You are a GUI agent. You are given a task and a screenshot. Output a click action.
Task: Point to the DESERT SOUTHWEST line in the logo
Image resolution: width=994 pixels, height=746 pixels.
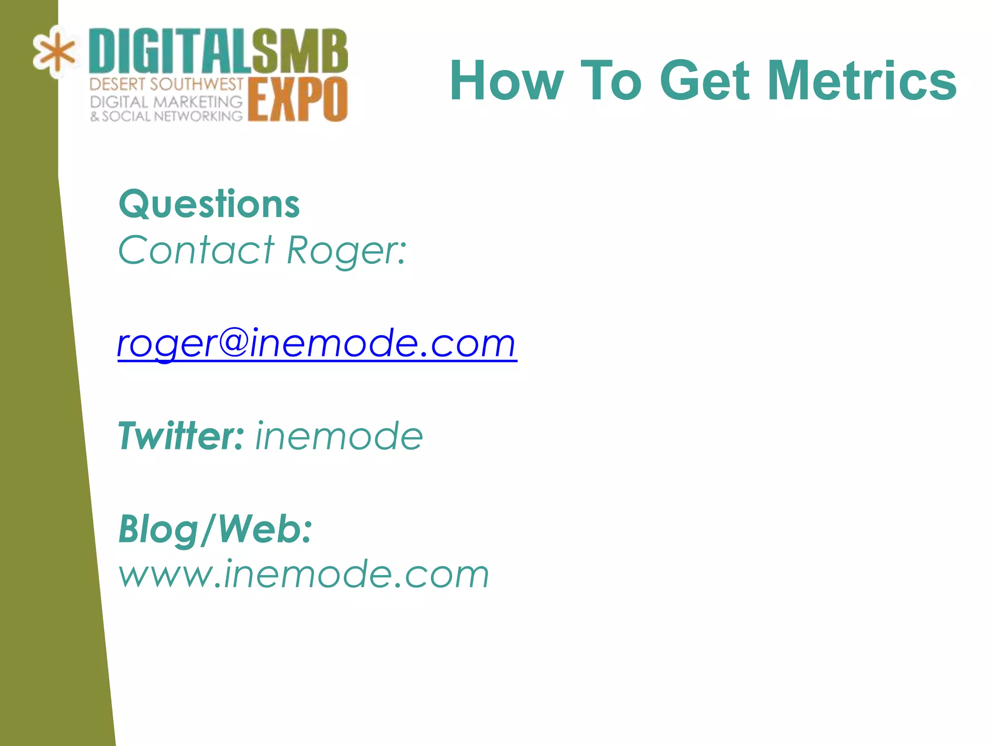point(166,85)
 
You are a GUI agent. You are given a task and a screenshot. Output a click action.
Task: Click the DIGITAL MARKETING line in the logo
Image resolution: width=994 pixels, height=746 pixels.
point(166,102)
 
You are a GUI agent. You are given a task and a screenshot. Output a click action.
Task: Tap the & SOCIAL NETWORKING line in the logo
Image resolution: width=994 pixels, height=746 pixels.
point(166,117)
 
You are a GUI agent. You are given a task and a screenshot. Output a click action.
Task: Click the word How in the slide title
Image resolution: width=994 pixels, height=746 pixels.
point(507,81)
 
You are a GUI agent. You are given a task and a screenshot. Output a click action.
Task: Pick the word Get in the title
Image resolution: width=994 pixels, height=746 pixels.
point(705,81)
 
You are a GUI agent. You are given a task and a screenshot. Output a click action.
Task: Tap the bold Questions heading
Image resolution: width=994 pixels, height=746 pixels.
point(209,204)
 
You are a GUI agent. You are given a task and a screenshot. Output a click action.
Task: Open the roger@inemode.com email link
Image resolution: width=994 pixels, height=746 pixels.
point(316,343)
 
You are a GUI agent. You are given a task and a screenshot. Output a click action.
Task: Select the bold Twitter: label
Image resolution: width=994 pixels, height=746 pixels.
point(181,436)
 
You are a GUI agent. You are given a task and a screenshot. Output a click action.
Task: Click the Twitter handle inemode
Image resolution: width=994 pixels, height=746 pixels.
point(339,436)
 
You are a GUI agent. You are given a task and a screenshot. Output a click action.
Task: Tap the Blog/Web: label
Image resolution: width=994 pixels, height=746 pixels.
point(215,529)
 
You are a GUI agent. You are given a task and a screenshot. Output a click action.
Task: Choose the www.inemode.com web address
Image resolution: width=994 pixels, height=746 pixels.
point(304,575)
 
